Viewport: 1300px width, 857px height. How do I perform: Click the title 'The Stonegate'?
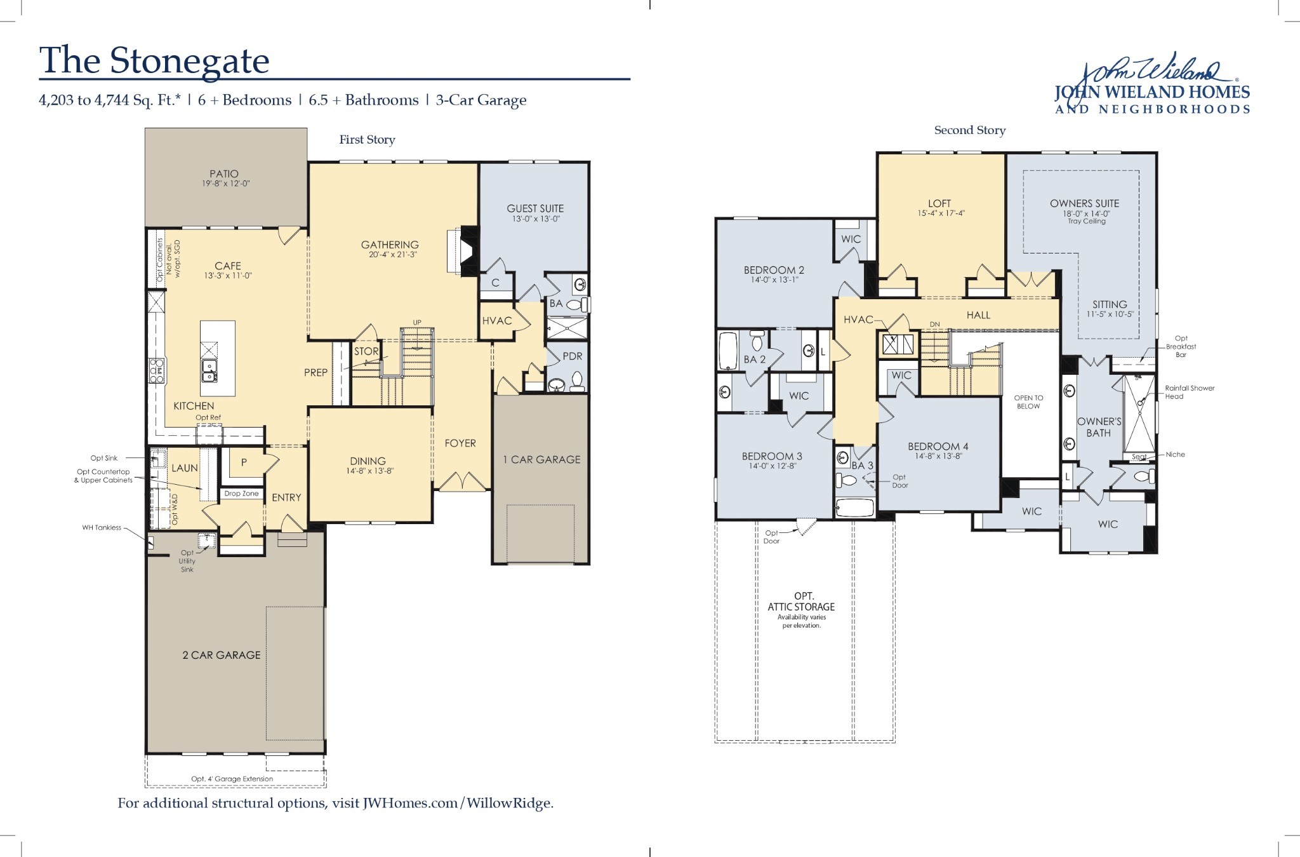(154, 60)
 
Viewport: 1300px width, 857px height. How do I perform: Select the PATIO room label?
(224, 173)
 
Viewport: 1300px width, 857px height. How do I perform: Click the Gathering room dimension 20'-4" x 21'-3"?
(390, 255)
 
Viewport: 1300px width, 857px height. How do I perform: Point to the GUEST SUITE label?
(534, 208)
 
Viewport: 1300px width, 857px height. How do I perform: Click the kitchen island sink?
(208, 370)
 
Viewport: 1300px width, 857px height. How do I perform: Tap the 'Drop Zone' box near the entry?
(241, 494)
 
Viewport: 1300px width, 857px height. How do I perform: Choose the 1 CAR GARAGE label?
(541, 459)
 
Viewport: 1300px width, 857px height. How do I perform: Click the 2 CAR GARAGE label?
(222, 655)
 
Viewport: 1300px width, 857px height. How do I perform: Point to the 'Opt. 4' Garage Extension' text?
(232, 779)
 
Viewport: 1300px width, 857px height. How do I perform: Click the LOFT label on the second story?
(939, 204)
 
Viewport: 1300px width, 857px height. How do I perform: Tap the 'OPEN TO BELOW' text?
(1028, 402)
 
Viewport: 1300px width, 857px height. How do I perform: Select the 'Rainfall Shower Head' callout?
(1189, 392)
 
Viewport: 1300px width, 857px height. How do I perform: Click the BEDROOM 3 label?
(768, 456)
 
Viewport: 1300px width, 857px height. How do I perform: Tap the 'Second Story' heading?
(969, 130)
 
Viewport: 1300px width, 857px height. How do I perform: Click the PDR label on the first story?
(572, 356)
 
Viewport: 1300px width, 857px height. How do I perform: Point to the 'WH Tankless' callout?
(102, 527)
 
